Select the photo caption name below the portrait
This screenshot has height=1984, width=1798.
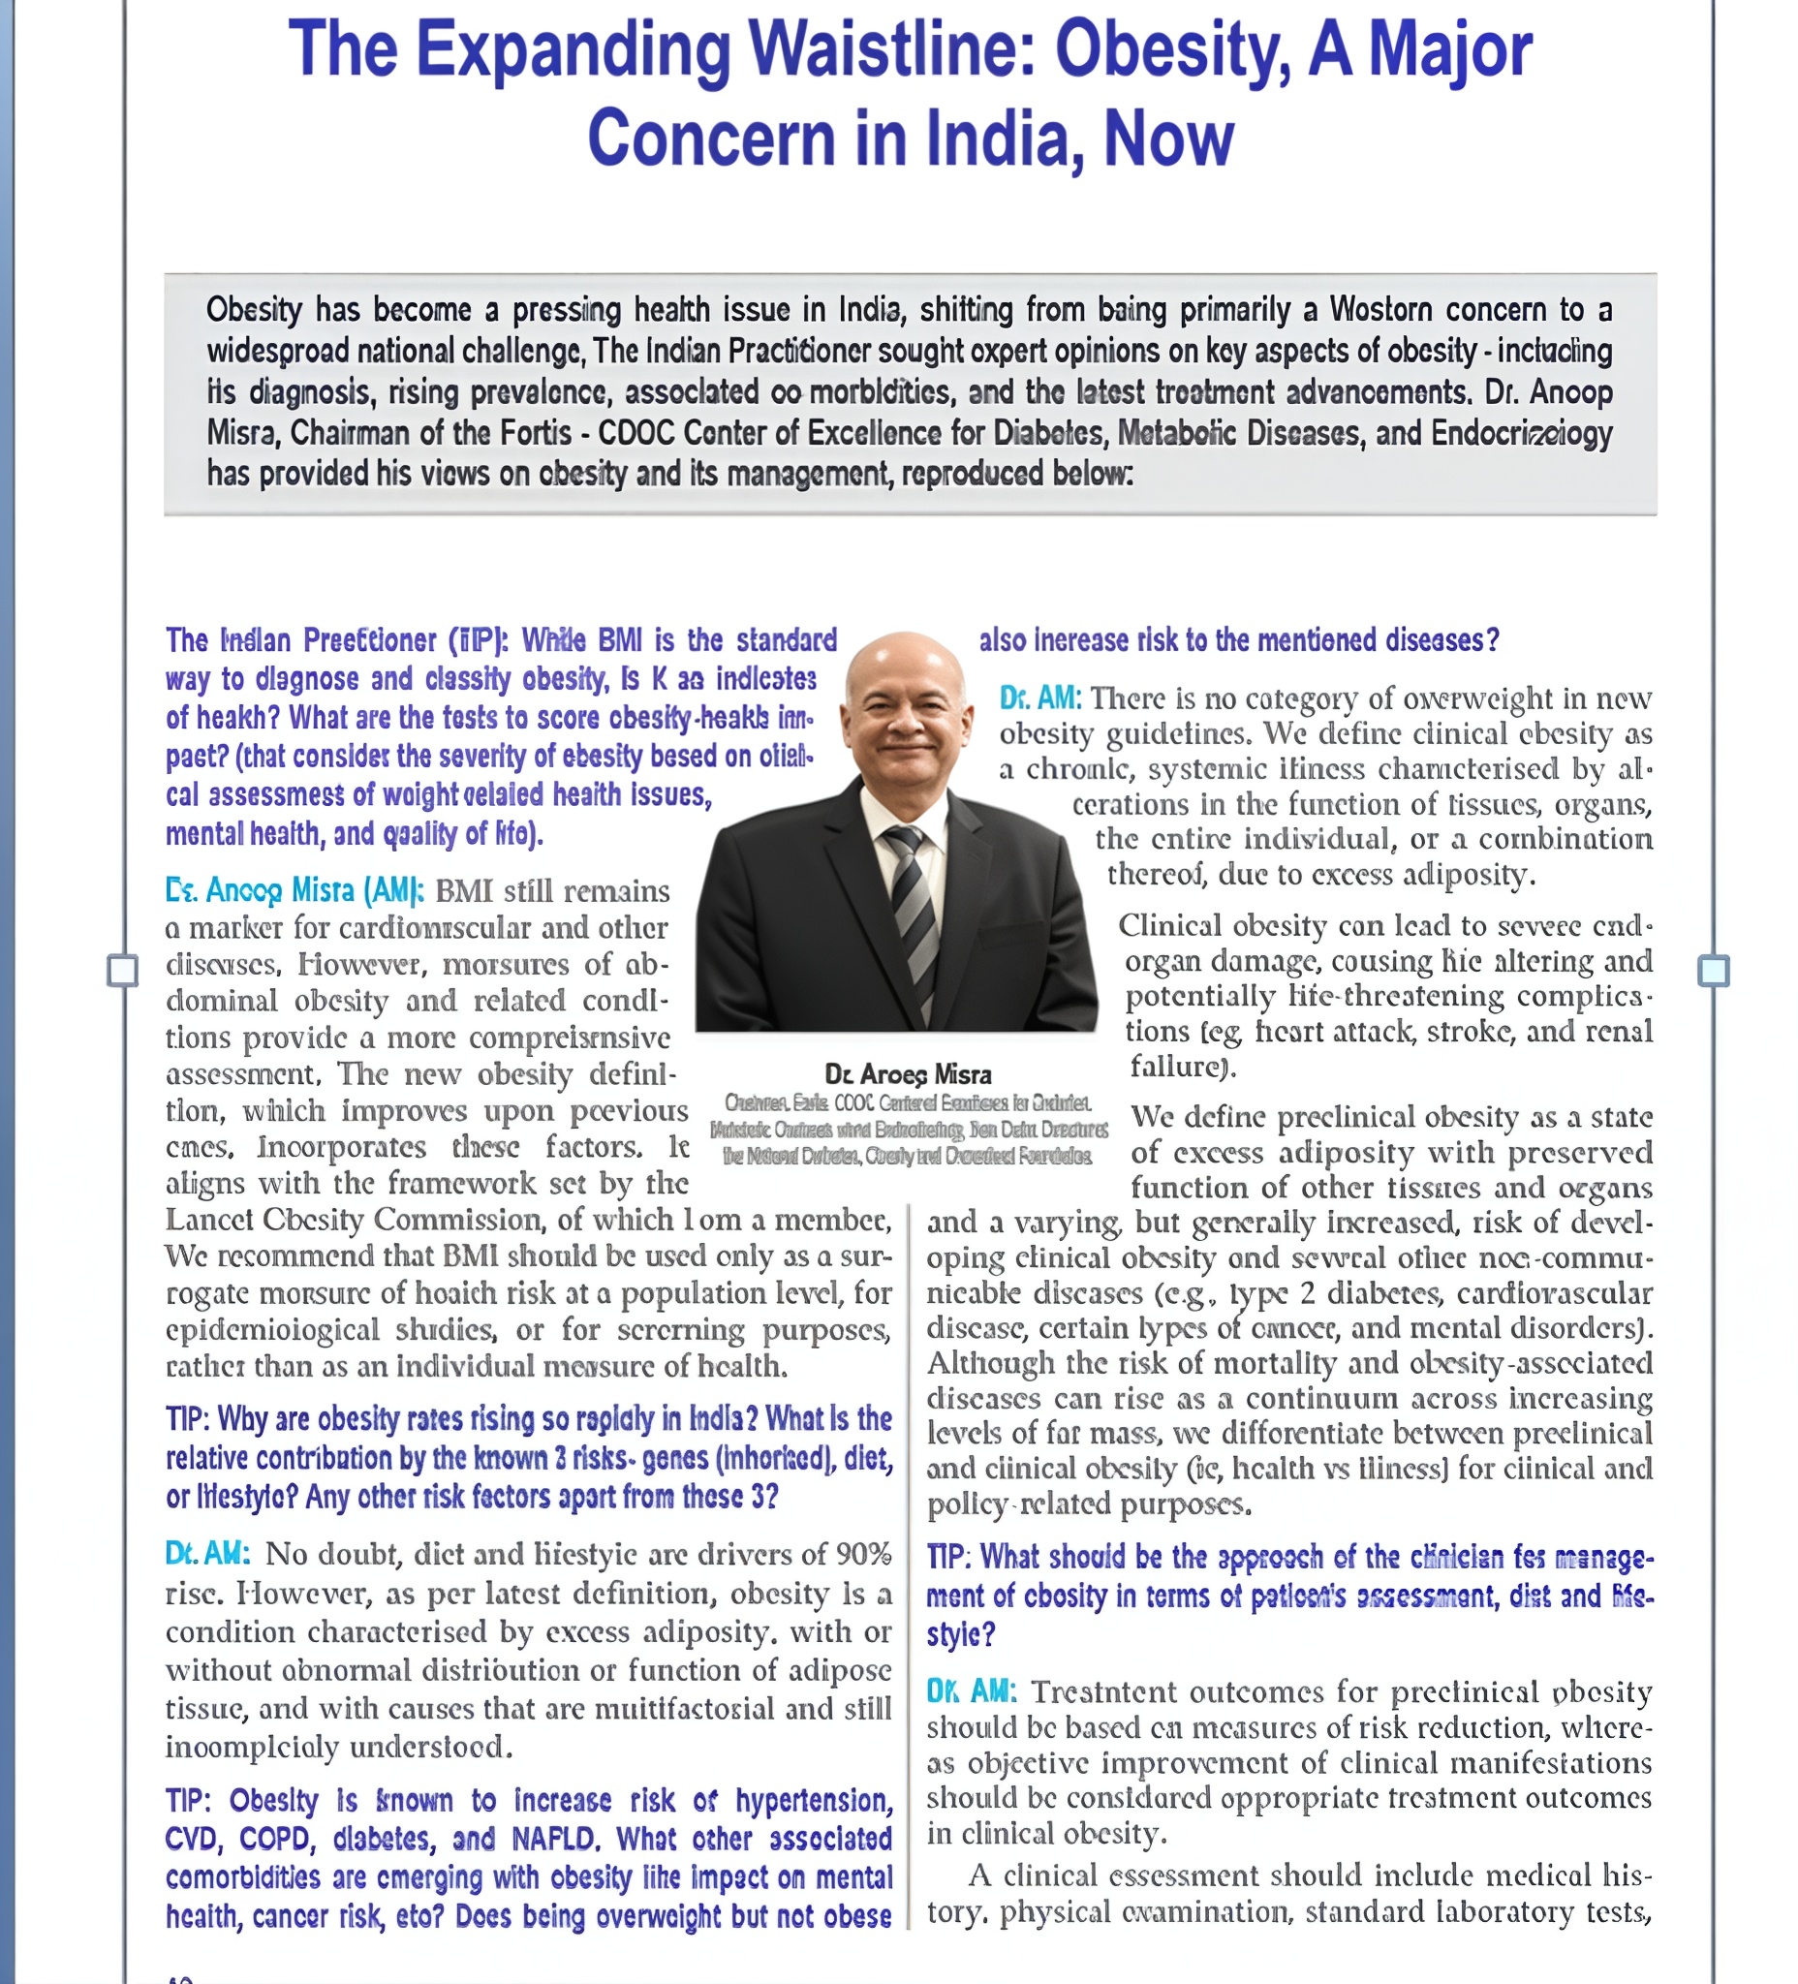pyautogui.click(x=908, y=1073)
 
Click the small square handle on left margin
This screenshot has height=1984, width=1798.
pyautogui.click(x=122, y=971)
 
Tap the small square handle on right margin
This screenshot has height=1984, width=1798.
pyautogui.click(x=1714, y=971)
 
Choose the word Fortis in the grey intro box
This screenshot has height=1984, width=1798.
pyautogui.click(x=537, y=433)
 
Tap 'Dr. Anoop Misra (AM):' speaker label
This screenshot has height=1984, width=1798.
pyautogui.click(x=294, y=890)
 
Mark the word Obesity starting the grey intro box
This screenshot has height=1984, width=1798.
pyautogui.click(x=254, y=310)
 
